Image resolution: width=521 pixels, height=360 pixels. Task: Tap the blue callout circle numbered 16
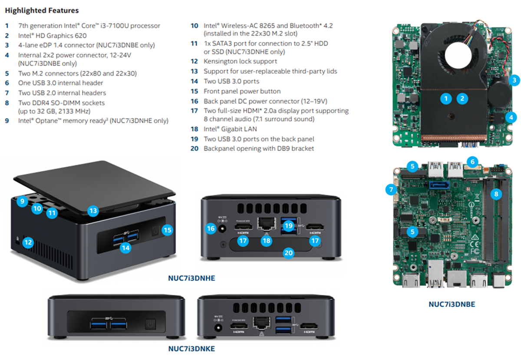click(211, 228)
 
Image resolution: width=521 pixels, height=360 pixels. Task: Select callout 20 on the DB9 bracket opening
click(288, 253)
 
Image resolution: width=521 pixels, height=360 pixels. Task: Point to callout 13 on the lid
click(92, 211)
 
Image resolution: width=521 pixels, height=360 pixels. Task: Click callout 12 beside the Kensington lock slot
click(28, 242)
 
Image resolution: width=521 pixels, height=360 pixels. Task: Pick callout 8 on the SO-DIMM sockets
click(496, 194)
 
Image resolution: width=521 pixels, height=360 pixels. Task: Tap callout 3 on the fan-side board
click(514, 80)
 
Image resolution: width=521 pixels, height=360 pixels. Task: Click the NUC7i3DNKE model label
click(191, 348)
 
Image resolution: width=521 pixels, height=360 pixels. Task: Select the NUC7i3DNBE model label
click(452, 304)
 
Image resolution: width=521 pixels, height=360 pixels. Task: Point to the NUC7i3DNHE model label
click(191, 278)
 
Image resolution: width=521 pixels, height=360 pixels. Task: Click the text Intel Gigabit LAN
click(230, 129)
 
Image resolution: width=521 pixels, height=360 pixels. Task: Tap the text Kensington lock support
click(240, 61)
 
